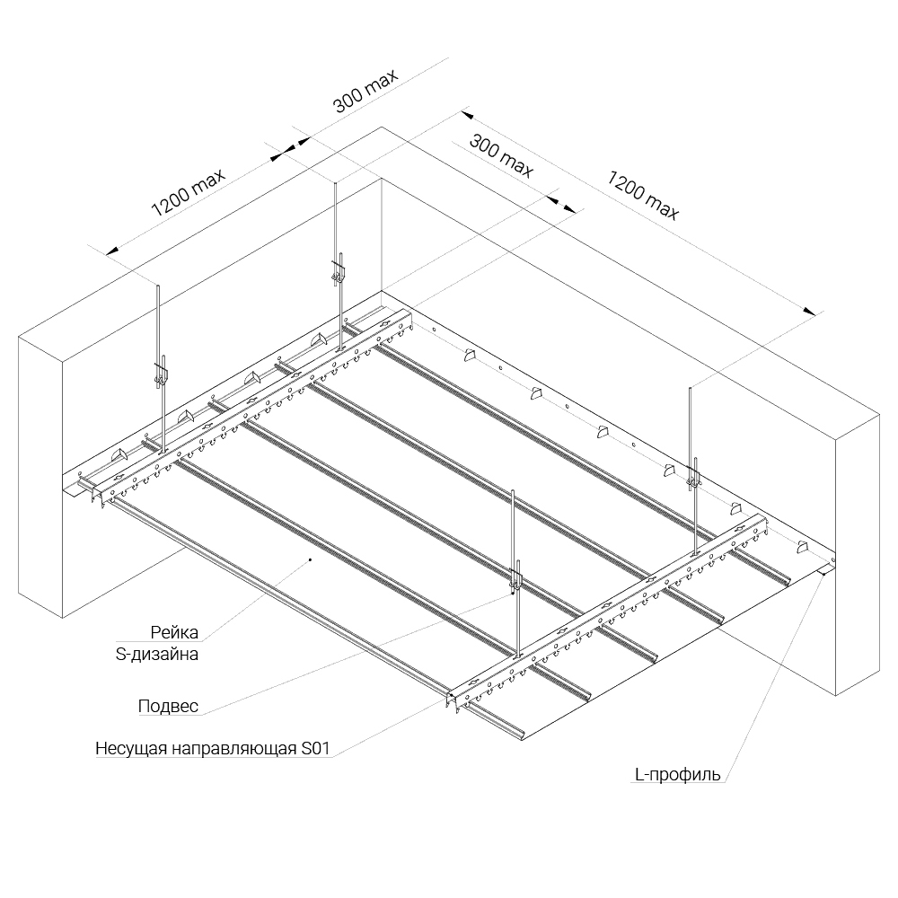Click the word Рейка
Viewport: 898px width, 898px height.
click(174, 632)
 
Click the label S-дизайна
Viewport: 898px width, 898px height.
click(157, 654)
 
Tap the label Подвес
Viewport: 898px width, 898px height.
click(169, 706)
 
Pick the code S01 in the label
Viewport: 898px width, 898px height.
click(315, 749)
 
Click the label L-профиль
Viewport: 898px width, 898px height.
click(677, 775)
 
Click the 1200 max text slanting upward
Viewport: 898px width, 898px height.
click(189, 192)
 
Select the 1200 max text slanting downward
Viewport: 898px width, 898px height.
click(643, 195)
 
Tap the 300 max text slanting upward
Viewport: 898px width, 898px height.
click(365, 91)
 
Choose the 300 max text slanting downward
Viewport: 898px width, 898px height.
click(501, 154)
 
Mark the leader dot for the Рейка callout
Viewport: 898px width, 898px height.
click(310, 559)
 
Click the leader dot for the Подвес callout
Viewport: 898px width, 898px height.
click(512, 594)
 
